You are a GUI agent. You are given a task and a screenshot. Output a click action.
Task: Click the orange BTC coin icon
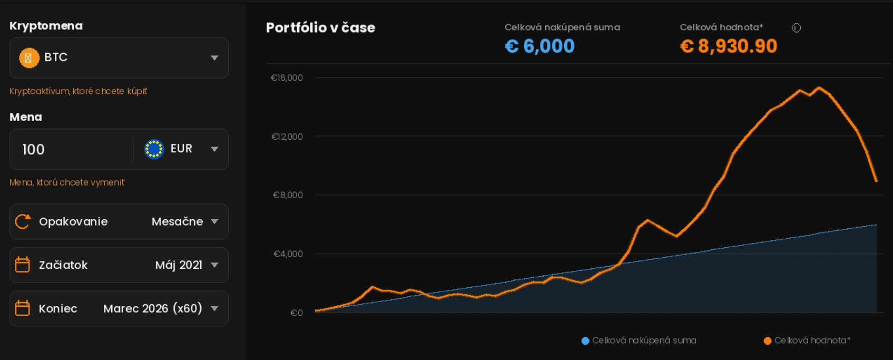29,57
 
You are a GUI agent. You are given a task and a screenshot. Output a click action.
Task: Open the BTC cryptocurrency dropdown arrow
214,58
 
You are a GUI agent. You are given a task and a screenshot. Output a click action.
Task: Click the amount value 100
34,150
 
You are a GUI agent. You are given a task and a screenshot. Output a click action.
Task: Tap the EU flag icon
154,149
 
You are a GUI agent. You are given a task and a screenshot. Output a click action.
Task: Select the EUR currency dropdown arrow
214,149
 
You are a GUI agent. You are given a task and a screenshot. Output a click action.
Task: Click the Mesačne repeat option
177,222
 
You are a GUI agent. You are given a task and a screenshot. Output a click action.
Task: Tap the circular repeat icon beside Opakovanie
23,221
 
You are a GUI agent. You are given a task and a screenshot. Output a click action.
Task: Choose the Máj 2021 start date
179,265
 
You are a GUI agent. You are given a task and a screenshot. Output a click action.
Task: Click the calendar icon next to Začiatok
22,265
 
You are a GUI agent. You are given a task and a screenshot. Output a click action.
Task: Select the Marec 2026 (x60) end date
153,309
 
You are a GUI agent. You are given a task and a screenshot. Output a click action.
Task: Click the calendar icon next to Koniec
22,308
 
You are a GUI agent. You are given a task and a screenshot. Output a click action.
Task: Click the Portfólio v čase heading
320,28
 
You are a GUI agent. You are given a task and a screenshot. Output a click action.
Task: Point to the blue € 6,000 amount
539,46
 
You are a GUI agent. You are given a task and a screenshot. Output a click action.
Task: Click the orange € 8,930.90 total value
728,46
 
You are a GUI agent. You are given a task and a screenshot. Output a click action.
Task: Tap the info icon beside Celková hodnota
796,28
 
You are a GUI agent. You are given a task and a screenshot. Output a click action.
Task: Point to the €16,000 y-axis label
287,78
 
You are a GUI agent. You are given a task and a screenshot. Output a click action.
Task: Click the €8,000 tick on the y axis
288,195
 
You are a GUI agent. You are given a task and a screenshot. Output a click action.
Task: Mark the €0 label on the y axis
297,313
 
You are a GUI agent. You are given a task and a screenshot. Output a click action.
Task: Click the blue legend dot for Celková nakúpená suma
585,341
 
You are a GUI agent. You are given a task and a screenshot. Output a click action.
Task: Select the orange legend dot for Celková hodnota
768,341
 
